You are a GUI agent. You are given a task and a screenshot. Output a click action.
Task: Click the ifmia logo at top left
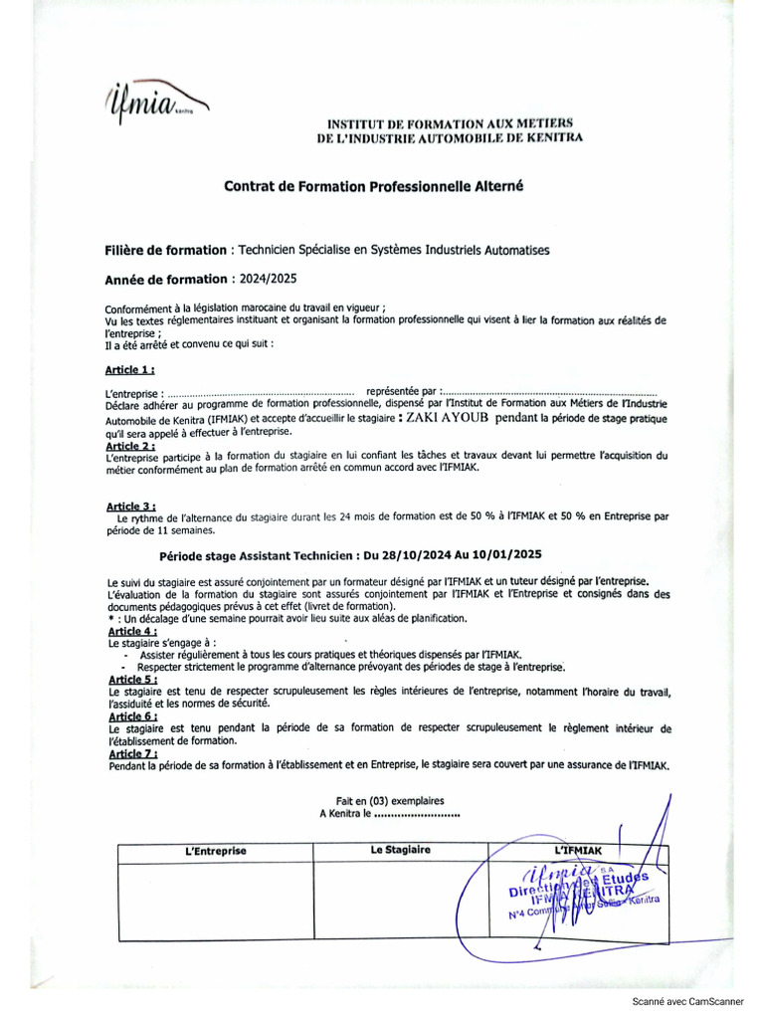(x=154, y=101)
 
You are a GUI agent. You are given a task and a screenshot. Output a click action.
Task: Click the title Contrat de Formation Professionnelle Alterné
(x=373, y=186)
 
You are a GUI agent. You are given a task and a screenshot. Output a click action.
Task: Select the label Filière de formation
(x=165, y=250)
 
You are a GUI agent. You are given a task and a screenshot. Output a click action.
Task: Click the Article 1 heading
(x=129, y=369)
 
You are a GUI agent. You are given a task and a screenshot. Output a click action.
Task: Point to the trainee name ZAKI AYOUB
(x=452, y=419)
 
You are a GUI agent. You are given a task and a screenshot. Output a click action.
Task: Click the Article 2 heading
(x=129, y=446)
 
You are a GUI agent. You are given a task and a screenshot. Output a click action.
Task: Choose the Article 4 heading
(x=131, y=631)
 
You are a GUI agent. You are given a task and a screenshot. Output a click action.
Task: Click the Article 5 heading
(x=131, y=679)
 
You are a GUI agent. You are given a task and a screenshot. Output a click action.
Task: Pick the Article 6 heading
(x=131, y=715)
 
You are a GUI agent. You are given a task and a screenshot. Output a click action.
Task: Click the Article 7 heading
(x=131, y=753)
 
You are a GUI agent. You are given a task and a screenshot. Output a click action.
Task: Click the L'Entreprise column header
(x=216, y=852)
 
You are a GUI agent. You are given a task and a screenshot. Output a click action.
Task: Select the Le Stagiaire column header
(x=401, y=851)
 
